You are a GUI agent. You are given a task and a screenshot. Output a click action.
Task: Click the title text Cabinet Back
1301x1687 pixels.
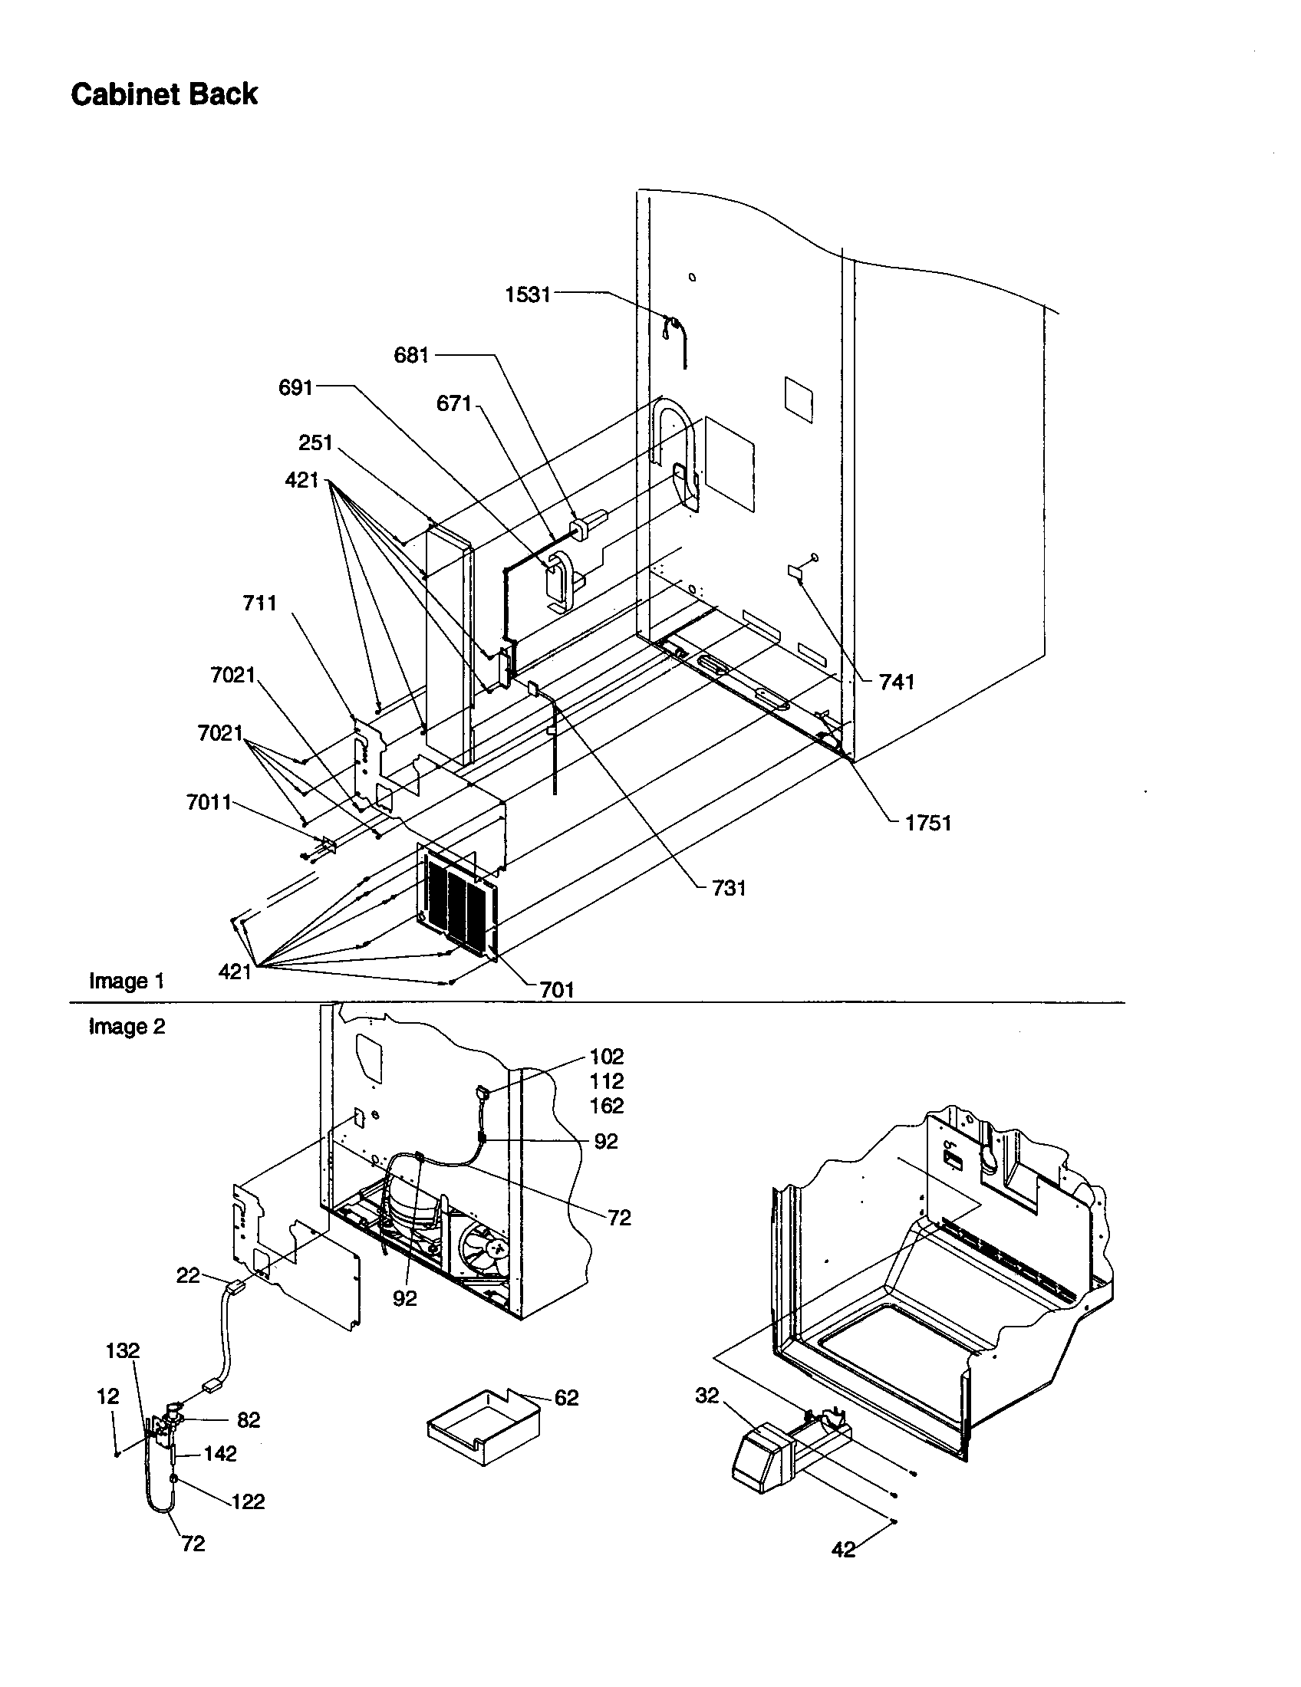pos(164,94)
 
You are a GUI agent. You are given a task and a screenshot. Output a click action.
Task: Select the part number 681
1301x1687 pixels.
pos(411,355)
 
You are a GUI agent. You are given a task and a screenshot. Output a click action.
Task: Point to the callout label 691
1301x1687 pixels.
pos(295,388)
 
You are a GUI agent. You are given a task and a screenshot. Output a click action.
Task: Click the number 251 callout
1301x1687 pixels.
pos(315,442)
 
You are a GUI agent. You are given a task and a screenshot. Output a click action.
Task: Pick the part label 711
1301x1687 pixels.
pos(259,603)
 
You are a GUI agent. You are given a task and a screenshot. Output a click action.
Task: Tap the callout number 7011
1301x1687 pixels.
pos(209,803)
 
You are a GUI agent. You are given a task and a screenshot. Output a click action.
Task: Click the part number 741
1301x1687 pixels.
pos(896,681)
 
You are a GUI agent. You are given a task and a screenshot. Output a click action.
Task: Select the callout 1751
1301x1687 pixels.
pos(928,823)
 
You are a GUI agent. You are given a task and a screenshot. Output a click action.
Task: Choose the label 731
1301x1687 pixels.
pos(728,888)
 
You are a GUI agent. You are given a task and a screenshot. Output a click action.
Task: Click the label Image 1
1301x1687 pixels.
pos(127,982)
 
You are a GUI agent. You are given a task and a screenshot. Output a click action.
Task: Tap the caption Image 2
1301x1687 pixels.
pos(127,1027)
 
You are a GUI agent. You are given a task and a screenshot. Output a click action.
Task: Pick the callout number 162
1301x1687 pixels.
pos(607,1106)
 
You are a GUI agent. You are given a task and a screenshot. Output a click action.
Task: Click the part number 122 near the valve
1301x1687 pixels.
pos(248,1501)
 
